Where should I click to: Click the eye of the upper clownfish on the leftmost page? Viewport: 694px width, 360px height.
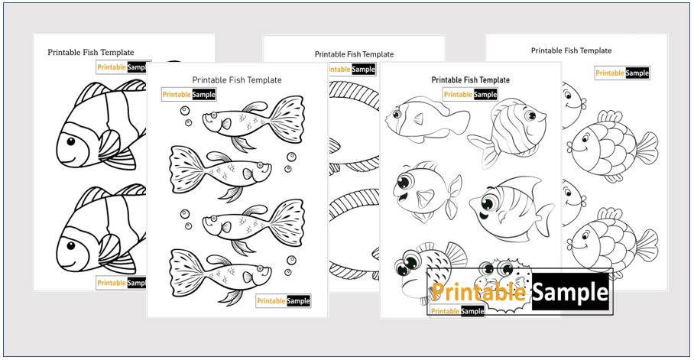pyautogui.click(x=71, y=141)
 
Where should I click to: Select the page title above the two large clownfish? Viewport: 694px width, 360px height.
pyautogui.click(x=90, y=53)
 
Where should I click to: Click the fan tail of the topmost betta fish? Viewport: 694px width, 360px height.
pyautogui.click(x=288, y=115)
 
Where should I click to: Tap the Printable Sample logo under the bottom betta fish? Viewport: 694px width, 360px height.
pyautogui.click(x=283, y=301)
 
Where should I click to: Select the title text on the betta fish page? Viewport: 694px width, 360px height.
pyautogui.click(x=236, y=79)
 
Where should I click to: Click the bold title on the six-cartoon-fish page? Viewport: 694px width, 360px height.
pyautogui.click(x=470, y=79)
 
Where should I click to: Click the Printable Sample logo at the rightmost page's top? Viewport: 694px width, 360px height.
pyautogui.click(x=621, y=73)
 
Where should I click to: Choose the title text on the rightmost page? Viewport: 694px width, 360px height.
pyautogui.click(x=572, y=50)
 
